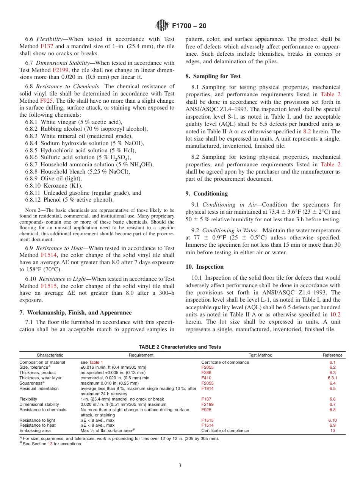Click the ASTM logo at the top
coord(162,26)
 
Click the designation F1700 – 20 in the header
coord(189,26)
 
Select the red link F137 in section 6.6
coord(46,46)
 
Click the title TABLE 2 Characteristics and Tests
coord(180,347)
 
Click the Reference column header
coord(332,355)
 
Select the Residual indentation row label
coord(39,388)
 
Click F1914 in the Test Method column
coord(207,388)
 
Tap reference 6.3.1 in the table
coord(332,378)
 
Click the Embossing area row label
coord(35,430)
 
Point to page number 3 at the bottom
coord(180,466)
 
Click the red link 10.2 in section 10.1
coord(335,314)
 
